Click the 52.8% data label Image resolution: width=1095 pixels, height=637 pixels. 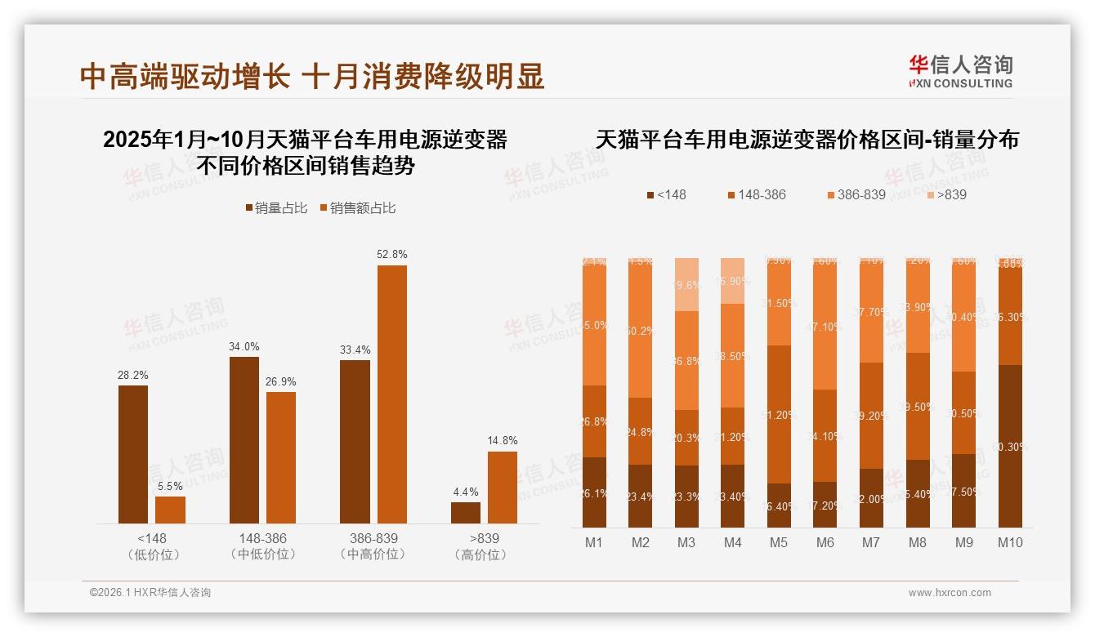click(x=391, y=255)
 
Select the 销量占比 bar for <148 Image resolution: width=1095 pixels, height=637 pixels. click(x=133, y=454)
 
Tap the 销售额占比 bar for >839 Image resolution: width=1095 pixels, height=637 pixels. click(x=503, y=488)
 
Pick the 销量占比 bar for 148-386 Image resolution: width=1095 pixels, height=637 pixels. click(x=244, y=440)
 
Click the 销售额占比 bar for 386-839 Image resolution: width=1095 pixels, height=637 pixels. click(x=391, y=394)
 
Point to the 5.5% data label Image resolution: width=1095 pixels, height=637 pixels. click(x=170, y=486)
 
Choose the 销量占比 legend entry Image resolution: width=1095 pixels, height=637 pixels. click(x=276, y=208)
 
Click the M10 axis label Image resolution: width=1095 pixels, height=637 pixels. click(x=1009, y=542)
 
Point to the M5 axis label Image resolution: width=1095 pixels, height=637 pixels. click(x=778, y=542)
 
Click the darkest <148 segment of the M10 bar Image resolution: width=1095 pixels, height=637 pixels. click(x=1009, y=446)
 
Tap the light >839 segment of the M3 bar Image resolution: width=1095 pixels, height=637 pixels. click(x=686, y=284)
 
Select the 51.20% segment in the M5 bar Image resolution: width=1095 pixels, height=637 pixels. click(x=779, y=414)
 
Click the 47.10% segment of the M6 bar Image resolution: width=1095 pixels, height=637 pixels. click(x=825, y=327)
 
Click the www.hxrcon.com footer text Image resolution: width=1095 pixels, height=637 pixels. click(x=950, y=593)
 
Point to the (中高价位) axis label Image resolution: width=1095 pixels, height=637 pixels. click(x=372, y=555)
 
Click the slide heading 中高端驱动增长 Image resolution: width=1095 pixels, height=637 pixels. click(x=185, y=77)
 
